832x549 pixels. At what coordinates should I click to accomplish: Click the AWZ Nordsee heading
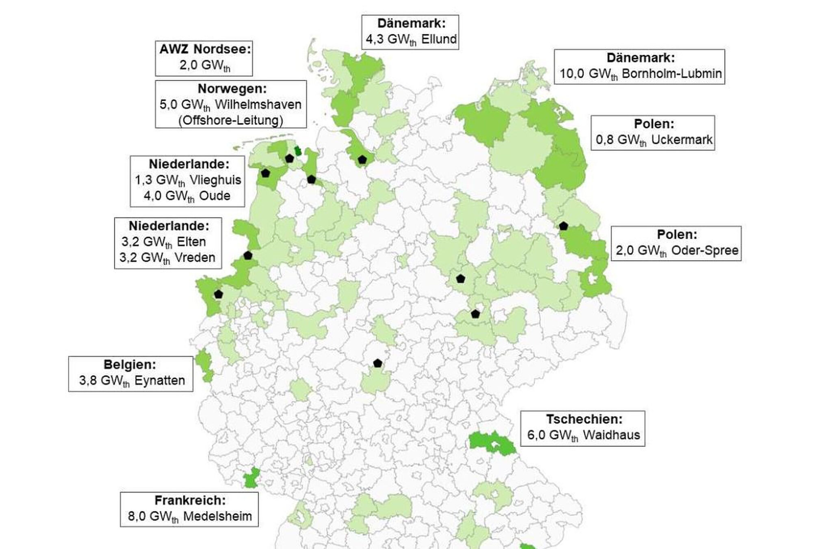point(205,49)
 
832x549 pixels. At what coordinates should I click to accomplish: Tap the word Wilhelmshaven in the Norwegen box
point(258,104)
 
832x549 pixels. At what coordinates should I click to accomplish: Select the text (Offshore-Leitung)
point(230,120)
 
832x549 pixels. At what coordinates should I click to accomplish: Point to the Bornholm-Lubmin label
point(672,74)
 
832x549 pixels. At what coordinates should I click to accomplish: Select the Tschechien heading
point(584,419)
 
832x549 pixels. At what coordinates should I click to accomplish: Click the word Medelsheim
point(217,516)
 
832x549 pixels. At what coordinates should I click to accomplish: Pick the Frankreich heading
point(190,500)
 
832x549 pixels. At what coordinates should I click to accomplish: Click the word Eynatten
point(160,381)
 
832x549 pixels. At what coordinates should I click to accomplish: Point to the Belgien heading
point(130,365)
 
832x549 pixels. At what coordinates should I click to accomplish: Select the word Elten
point(191,242)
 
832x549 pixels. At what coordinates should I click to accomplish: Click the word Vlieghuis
point(215,180)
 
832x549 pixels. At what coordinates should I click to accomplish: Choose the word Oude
point(214,196)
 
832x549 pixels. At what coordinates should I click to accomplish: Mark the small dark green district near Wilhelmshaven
point(298,151)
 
